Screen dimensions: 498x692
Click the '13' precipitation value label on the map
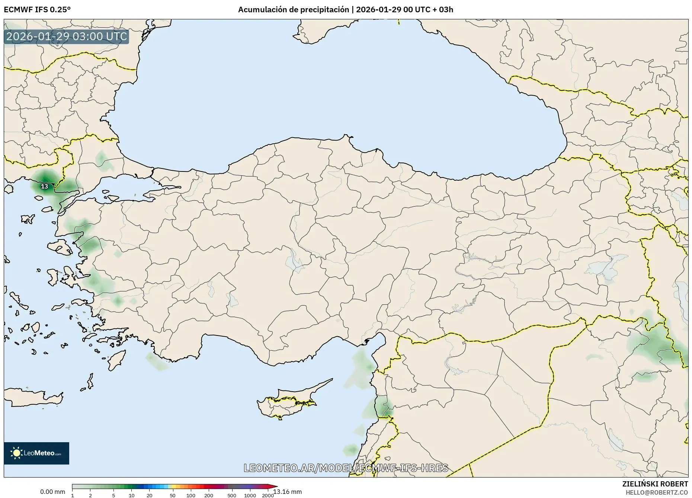(x=45, y=186)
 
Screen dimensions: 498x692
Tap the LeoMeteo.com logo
(x=36, y=453)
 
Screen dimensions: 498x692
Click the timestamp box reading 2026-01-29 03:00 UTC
(x=67, y=36)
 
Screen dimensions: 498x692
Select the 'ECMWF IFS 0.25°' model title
(x=37, y=10)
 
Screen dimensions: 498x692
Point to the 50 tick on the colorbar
(x=173, y=486)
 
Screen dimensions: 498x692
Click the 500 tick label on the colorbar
(x=231, y=495)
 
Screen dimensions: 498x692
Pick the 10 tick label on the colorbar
(x=131, y=495)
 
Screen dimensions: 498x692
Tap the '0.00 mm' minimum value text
(x=52, y=492)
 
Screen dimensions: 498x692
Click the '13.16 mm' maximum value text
(x=288, y=492)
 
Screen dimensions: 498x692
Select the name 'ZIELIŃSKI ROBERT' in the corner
(x=655, y=484)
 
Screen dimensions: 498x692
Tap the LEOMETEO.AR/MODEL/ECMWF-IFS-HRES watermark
(x=346, y=468)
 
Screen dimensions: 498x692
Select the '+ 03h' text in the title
(x=443, y=10)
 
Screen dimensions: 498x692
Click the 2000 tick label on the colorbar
(x=268, y=495)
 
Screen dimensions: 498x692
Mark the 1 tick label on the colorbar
(x=72, y=495)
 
